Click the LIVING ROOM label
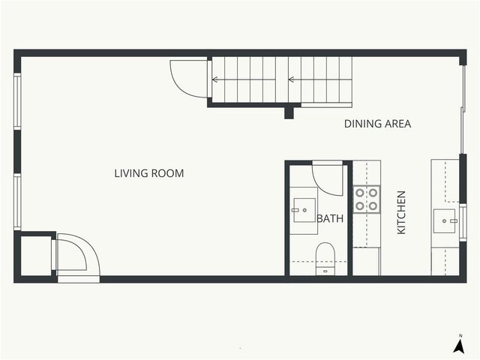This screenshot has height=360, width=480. click(x=148, y=173)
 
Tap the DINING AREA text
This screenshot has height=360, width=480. click(x=377, y=124)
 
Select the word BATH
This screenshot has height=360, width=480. click(x=330, y=219)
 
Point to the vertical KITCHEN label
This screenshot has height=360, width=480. click(x=401, y=212)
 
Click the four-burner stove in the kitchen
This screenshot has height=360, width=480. click(x=367, y=199)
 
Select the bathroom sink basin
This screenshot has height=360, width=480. click(x=304, y=210)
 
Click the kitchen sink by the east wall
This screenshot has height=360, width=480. click(x=445, y=219)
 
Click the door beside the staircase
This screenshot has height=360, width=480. click(x=187, y=77)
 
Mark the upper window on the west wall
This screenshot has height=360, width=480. click(x=17, y=100)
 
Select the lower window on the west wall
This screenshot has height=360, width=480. click(x=17, y=201)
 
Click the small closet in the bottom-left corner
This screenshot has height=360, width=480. click(x=34, y=256)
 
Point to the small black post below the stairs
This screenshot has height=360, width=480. click(x=289, y=113)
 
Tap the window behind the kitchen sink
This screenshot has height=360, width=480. click(x=463, y=222)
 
